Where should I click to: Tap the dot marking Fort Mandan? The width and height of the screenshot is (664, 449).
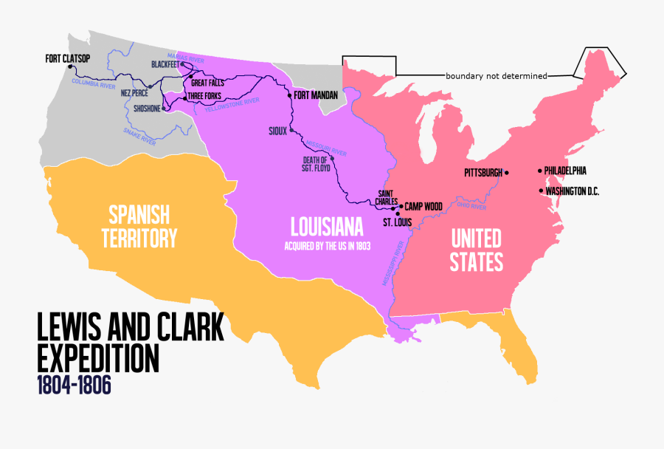pyautogui.click(x=289, y=95)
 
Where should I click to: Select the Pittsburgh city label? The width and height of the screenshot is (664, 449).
pyautogui.click(x=483, y=173)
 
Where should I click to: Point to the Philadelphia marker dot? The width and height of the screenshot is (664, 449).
pyautogui.click(x=540, y=171)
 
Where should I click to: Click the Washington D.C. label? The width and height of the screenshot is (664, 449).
pyautogui.click(x=572, y=191)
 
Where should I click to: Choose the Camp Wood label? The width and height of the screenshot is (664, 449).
pyautogui.click(x=423, y=207)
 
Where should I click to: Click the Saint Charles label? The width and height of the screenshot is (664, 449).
pyautogui.click(x=387, y=197)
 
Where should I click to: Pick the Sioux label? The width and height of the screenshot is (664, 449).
pyautogui.click(x=277, y=131)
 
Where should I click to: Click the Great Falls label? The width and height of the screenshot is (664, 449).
pyautogui.click(x=207, y=83)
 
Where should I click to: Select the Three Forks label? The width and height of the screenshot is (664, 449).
pyautogui.click(x=204, y=97)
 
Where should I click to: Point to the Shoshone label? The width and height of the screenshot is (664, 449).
pyautogui.click(x=148, y=109)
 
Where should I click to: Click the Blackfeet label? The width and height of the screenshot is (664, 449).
pyautogui.click(x=165, y=64)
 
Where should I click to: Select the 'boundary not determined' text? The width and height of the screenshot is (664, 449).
pyautogui.click(x=496, y=75)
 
